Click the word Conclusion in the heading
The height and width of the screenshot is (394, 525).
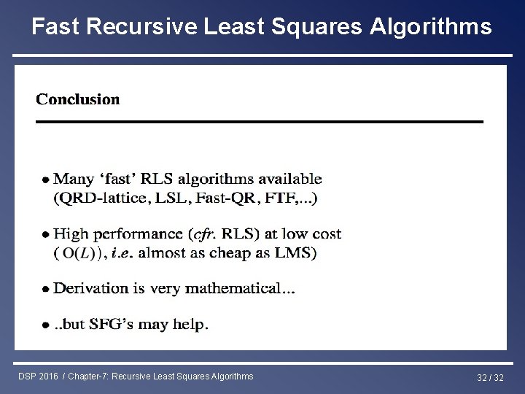click(78, 99)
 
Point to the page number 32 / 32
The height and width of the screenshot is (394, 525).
click(489, 376)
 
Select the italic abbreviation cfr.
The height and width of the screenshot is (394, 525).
click(204, 234)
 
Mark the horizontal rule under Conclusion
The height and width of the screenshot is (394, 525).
click(260, 121)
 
